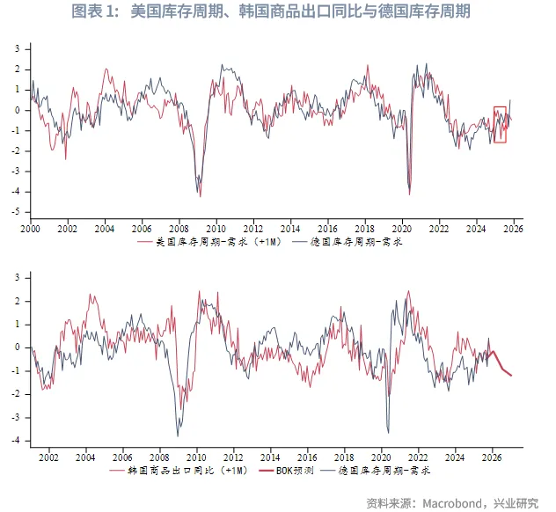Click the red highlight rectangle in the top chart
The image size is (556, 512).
(500, 124)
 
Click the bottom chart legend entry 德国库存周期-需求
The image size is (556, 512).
(378, 472)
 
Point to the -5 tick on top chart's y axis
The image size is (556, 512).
(17, 212)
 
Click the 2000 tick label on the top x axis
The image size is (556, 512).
(30, 228)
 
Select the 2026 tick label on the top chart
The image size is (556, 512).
(513, 228)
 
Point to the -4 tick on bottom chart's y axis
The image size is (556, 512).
(17, 441)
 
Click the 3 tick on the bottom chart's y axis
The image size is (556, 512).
(18, 277)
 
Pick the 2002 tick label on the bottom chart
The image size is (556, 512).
(48, 457)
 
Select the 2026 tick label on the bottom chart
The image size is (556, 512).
(493, 457)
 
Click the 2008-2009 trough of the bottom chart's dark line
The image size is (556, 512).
(178, 435)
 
